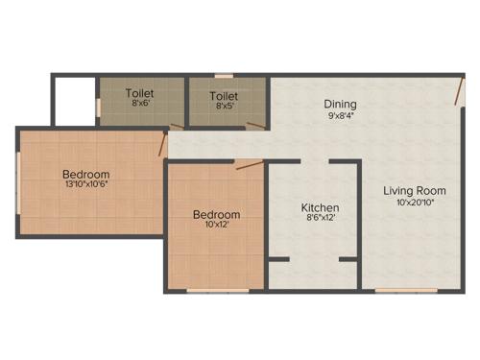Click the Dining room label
point(340,104)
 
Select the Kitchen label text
point(320,207)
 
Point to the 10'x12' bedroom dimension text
point(216,226)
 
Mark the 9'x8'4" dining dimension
point(340,116)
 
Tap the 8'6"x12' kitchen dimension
point(320,219)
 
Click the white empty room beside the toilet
point(73,100)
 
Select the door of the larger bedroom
point(163,145)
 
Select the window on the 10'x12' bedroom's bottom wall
point(212,290)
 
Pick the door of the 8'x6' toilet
point(176,126)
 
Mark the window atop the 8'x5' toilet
point(224,76)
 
